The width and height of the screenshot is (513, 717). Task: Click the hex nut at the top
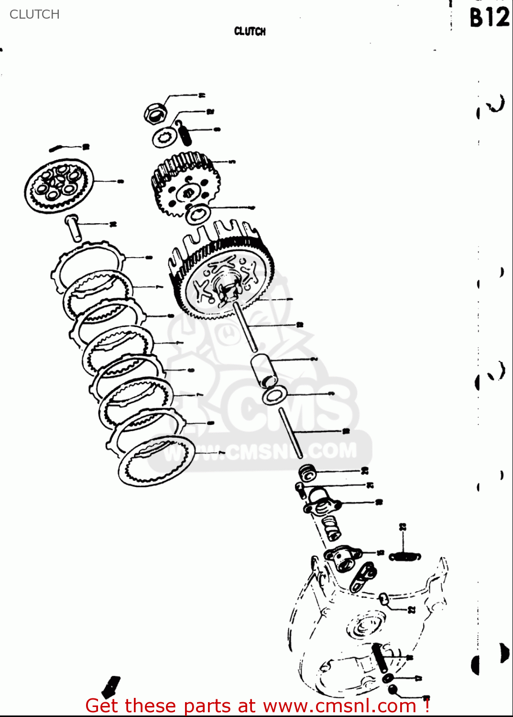tap(155, 113)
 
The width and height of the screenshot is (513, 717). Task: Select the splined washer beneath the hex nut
tap(162, 138)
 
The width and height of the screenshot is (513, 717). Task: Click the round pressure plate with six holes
tap(58, 185)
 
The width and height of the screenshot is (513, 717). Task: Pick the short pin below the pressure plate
tap(73, 228)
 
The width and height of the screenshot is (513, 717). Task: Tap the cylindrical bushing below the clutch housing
tap(264, 370)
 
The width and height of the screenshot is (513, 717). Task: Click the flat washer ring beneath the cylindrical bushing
tap(273, 395)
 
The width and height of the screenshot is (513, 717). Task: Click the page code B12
tap(489, 18)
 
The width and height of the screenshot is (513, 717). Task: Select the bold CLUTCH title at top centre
tap(250, 32)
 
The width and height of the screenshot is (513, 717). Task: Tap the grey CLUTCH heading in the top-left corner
tap(34, 14)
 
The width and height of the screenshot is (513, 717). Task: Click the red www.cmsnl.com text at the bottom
tap(339, 706)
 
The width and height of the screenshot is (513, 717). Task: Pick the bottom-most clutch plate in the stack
tap(156, 461)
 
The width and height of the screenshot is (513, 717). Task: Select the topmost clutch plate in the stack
tap(87, 267)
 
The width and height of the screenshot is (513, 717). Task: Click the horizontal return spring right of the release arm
tap(404, 557)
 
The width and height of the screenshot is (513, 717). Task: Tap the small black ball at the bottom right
tap(393, 690)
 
